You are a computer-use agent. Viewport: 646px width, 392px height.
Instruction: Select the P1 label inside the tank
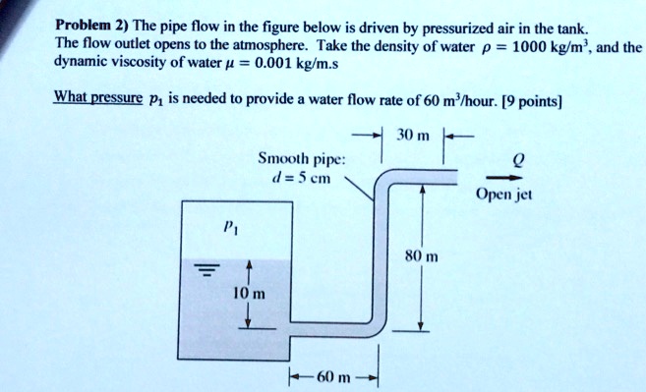coord(225,226)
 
